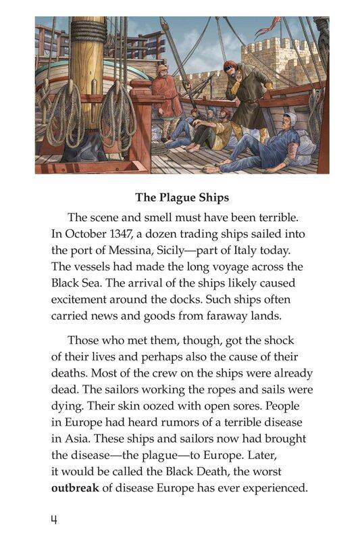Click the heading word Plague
point(181,197)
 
